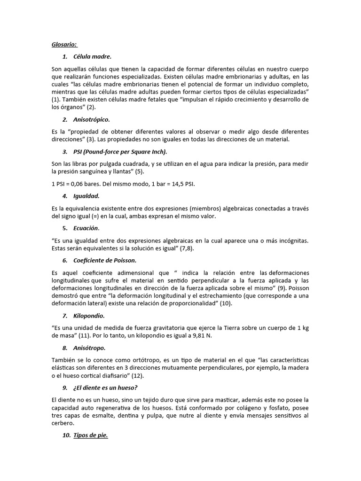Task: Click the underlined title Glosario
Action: tap(64, 45)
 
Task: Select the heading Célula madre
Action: tap(92, 57)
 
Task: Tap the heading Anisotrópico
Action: tap(92, 119)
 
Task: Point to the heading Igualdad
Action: tap(86, 195)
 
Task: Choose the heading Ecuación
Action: tap(86, 228)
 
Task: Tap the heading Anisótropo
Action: tap(89, 348)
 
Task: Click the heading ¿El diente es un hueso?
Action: tap(105, 388)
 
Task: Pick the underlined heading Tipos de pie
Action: tap(91, 435)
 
